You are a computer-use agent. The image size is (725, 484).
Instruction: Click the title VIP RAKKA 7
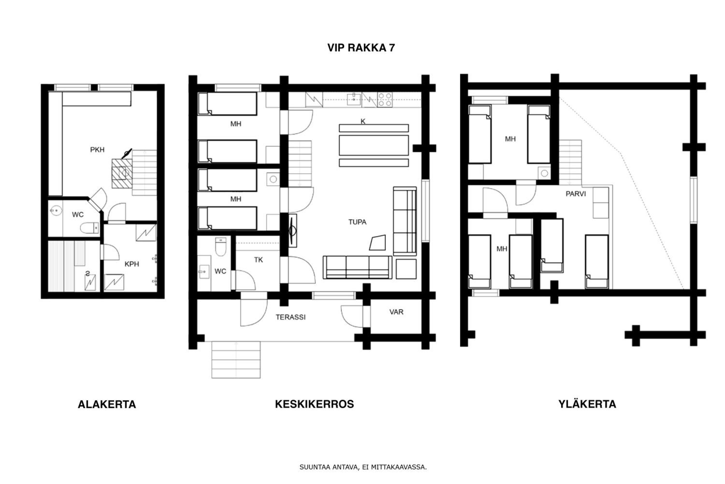click(x=361, y=48)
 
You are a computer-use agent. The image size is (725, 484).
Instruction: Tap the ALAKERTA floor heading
click(x=107, y=404)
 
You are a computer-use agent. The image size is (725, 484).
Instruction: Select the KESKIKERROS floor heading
click(x=314, y=404)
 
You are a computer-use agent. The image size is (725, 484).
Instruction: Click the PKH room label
click(x=97, y=150)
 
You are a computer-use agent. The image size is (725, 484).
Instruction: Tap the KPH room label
click(x=132, y=264)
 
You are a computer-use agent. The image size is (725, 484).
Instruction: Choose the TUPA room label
click(x=357, y=222)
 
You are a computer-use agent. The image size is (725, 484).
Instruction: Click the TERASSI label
click(x=290, y=317)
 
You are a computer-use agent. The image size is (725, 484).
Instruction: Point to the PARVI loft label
click(x=575, y=194)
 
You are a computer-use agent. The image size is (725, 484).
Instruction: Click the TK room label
click(x=258, y=260)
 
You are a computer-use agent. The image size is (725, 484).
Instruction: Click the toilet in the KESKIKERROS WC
click(x=220, y=247)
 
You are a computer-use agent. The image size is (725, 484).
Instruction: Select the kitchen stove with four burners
click(x=385, y=99)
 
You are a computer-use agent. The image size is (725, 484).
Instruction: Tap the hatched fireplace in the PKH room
click(x=122, y=174)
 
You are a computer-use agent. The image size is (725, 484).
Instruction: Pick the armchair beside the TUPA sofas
click(x=377, y=243)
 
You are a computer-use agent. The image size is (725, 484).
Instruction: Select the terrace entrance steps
click(x=236, y=359)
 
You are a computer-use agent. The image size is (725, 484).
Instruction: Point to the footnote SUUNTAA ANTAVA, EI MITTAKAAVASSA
click(x=363, y=467)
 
